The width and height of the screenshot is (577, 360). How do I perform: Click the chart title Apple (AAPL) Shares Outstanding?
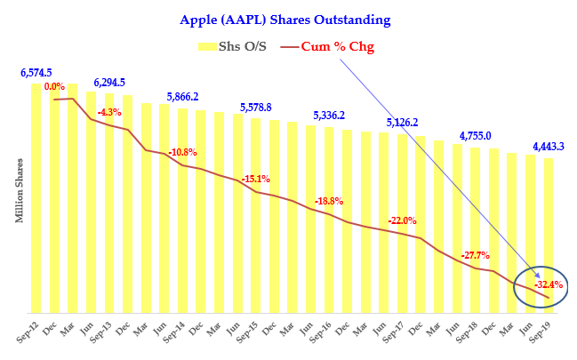[285, 19]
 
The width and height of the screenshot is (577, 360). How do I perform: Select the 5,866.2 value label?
[182, 97]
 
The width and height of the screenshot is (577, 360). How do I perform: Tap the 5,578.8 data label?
[255, 108]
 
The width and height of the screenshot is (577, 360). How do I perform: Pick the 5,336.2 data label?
[329, 116]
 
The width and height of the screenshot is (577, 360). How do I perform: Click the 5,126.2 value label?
[402, 123]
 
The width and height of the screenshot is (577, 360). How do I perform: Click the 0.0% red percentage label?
[54, 87]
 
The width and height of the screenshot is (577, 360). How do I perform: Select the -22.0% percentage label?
[402, 220]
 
